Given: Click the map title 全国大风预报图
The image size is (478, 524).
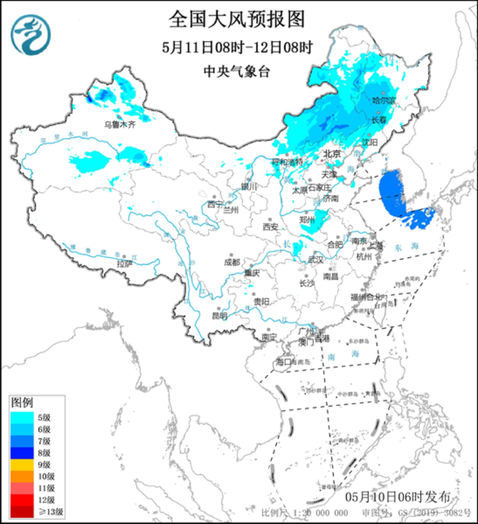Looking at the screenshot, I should click(x=236, y=20).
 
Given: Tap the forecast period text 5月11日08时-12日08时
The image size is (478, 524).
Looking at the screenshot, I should click(x=236, y=47).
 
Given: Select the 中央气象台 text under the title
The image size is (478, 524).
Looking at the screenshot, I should click(x=236, y=71).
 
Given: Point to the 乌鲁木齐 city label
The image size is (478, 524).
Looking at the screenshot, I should click(x=120, y=124).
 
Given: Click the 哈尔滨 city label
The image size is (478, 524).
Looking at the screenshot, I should click(x=384, y=100).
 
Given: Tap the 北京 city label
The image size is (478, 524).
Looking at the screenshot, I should click(x=332, y=154).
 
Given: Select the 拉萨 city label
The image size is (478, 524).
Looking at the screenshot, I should click(x=125, y=264).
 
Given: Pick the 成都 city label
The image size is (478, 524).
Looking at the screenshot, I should click(x=232, y=262).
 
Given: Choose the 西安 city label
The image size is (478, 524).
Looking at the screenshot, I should click(x=270, y=227).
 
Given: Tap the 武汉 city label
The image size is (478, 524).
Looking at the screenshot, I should click(x=316, y=260).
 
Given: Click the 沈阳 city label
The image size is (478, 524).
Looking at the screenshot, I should click(x=370, y=141).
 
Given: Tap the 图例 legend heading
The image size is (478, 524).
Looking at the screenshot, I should click(x=23, y=401).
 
